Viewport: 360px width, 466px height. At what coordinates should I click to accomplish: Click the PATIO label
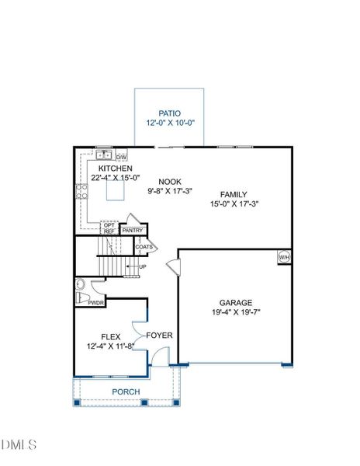170,113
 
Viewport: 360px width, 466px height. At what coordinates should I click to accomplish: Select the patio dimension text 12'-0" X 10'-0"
170,123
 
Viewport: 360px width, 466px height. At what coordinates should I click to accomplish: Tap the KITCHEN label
115,169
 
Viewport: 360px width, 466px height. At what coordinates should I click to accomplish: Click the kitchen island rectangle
115,190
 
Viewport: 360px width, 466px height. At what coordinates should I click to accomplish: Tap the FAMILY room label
234,194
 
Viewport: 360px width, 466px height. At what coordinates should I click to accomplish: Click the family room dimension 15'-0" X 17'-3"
234,204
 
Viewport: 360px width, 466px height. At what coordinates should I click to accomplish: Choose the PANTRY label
133,230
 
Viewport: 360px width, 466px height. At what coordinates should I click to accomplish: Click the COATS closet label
144,248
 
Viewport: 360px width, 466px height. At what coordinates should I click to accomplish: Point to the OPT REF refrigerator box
109,228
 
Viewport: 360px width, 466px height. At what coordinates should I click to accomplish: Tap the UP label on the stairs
143,267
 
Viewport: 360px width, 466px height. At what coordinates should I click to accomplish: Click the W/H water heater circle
284,257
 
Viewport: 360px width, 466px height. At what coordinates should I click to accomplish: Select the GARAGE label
235,303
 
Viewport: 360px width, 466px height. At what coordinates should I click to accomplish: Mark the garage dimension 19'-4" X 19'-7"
235,314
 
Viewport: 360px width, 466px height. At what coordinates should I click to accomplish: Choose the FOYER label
160,336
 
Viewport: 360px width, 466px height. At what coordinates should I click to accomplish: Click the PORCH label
126,392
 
